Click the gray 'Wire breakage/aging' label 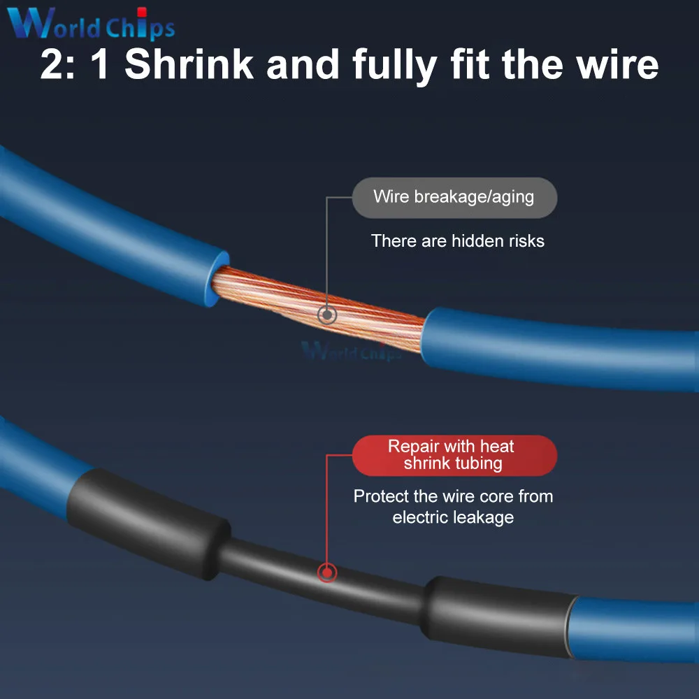454,197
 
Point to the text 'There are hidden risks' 457,241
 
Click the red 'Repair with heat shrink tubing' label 454,455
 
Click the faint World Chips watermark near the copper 351,350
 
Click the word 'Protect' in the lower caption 382,496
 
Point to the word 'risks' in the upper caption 527,241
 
